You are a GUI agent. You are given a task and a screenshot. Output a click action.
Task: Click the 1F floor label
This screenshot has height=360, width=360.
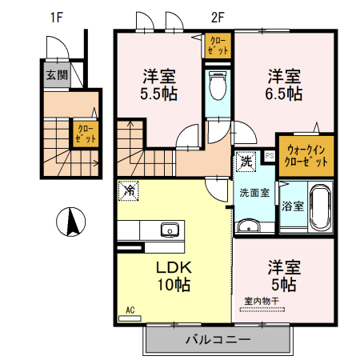pyautogui.click(x=55, y=17)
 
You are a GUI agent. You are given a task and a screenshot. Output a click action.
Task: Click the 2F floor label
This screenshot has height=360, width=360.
pyautogui.click(x=218, y=17)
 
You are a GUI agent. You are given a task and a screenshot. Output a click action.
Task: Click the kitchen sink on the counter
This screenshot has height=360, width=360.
pyautogui.click(x=170, y=230)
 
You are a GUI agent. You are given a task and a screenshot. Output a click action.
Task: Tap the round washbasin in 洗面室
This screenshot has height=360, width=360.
pyautogui.click(x=250, y=225)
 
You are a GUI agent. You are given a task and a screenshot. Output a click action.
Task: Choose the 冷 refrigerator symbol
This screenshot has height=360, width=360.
pyautogui.click(x=127, y=191)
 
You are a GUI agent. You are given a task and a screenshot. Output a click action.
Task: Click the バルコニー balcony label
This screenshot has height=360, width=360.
pyautogui.click(x=218, y=339)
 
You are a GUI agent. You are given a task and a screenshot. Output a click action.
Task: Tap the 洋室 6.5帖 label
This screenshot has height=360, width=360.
pyautogui.click(x=283, y=85)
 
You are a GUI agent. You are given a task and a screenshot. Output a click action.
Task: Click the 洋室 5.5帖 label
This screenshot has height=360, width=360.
pyautogui.click(x=159, y=85)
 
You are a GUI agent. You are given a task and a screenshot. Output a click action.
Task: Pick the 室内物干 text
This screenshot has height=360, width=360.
pyautogui.click(x=261, y=301)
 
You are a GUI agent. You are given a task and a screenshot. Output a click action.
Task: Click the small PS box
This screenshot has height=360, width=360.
pyautogui.click(x=270, y=155)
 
